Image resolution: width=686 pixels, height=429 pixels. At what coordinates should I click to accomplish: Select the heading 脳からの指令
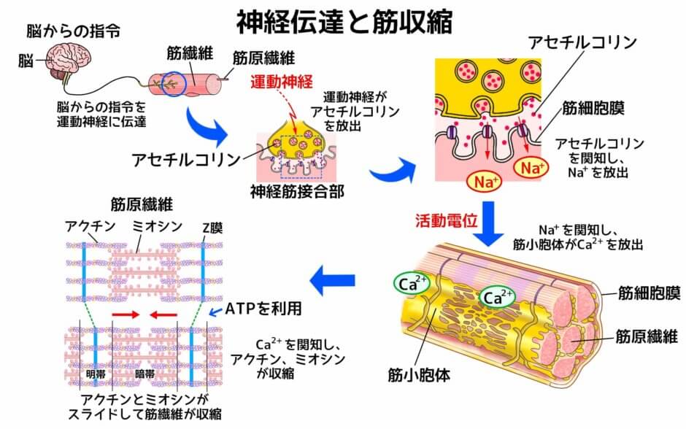73,31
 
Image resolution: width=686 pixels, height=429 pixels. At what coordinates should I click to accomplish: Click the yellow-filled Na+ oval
531,169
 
